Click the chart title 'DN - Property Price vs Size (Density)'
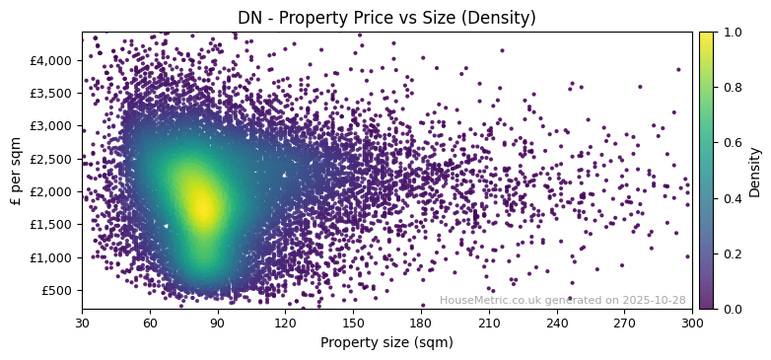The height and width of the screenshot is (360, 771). click(386, 18)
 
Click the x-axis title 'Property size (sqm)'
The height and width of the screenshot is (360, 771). click(386, 342)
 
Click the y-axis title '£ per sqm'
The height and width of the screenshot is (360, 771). click(16, 171)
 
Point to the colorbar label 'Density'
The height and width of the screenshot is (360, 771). click(755, 172)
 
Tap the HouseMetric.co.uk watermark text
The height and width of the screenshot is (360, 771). click(562, 300)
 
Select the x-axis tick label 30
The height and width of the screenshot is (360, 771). click(82, 323)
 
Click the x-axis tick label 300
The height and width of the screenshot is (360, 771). click(692, 323)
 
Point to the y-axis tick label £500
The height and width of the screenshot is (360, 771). click(55, 290)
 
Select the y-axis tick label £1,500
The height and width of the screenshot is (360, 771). click(50, 224)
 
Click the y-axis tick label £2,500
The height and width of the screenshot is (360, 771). click(50, 159)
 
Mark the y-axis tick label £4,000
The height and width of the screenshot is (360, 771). click(50, 60)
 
